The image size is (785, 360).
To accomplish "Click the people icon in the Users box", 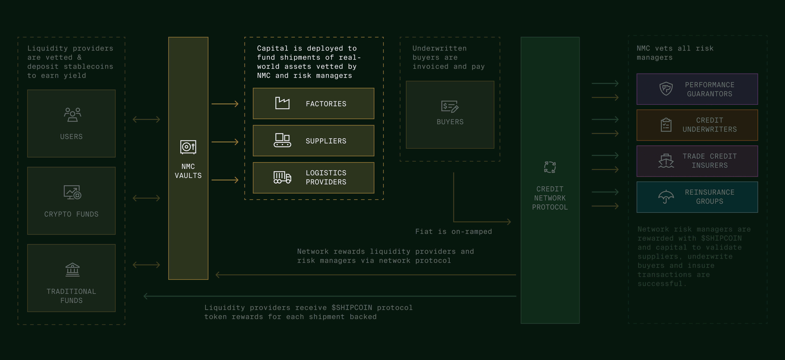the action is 73,115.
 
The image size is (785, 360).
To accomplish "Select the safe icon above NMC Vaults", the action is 188,147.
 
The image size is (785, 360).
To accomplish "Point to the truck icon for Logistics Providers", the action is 282,177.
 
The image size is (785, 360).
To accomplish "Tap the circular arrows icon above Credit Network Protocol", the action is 550,167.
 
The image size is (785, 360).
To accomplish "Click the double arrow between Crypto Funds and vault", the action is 146,198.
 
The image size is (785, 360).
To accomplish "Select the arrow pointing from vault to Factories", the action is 225,104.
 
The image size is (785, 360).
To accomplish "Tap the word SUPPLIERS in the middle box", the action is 326,141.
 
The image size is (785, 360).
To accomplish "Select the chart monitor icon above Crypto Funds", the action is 73,192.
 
